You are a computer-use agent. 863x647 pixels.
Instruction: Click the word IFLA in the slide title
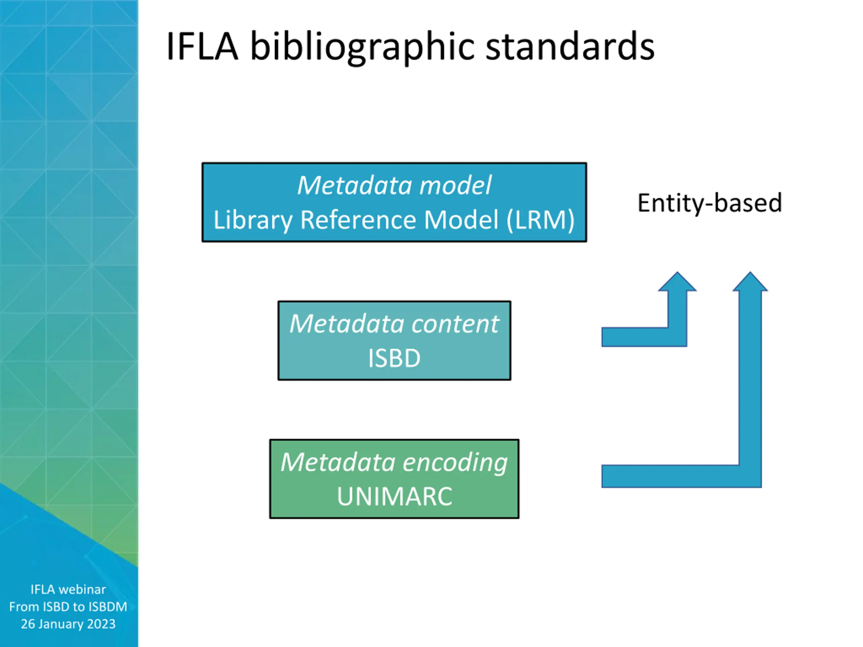(x=202, y=47)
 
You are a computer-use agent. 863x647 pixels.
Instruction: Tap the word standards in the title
(x=570, y=47)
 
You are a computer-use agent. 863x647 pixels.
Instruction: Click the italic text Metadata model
(x=394, y=185)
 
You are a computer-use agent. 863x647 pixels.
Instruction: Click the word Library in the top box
(x=253, y=220)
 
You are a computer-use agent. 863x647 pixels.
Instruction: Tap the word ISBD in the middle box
(x=394, y=358)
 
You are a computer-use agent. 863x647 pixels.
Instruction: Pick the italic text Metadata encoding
(x=394, y=463)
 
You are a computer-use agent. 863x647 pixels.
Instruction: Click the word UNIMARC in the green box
(x=394, y=496)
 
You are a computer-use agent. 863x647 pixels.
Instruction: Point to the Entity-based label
(x=710, y=203)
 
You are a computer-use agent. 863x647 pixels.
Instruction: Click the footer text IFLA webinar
(x=68, y=589)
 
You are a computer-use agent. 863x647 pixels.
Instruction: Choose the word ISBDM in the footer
(x=108, y=607)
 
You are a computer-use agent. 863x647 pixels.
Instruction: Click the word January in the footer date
(x=60, y=624)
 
